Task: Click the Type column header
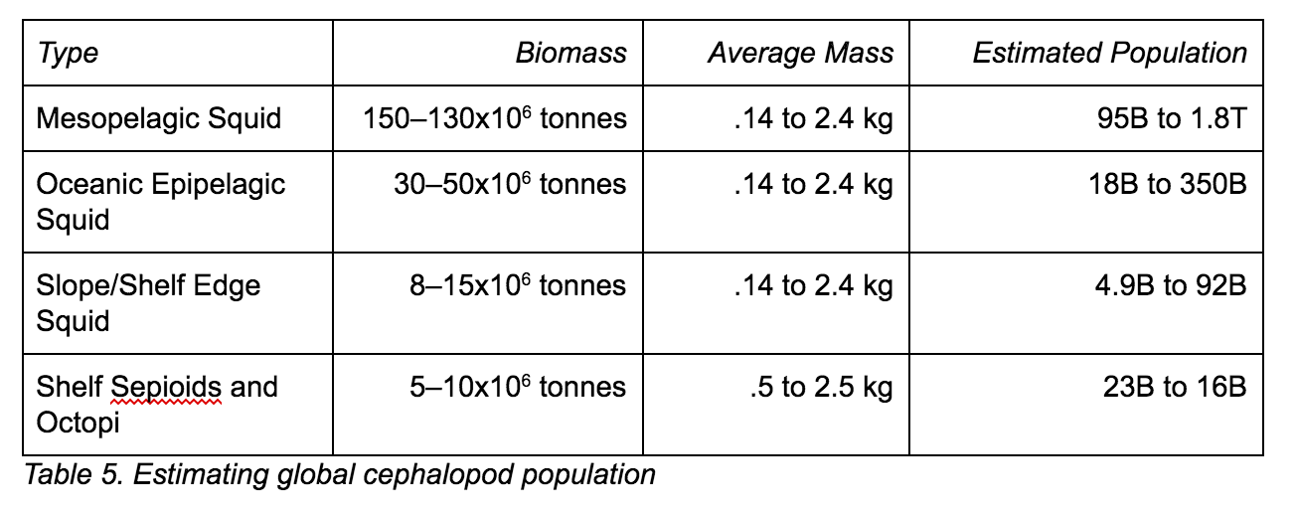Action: coord(68,53)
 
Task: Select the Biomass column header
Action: coord(570,53)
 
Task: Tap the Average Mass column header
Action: coord(800,53)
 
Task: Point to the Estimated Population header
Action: coord(1109,53)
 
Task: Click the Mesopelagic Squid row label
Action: coord(159,119)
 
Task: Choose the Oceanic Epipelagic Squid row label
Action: coord(160,202)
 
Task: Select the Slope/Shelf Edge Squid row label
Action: coord(148,303)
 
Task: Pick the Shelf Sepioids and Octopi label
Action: coord(156,404)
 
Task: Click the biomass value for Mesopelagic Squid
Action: coord(494,119)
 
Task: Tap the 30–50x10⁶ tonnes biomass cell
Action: coord(510,185)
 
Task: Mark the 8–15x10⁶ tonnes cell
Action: coord(518,286)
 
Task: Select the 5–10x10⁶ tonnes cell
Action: coord(518,387)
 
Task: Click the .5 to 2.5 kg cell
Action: coord(821,387)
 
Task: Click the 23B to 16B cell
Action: coord(1174,387)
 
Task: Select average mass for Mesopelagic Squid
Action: coord(813,119)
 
